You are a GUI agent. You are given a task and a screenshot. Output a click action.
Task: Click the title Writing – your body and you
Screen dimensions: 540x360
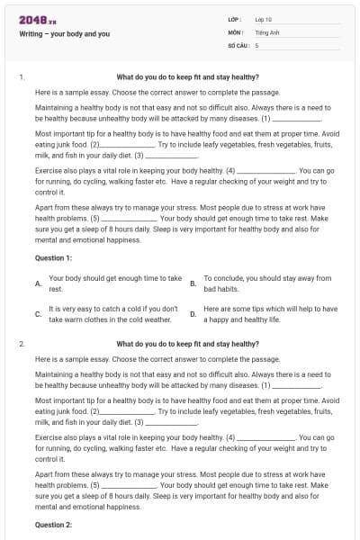point(65,33)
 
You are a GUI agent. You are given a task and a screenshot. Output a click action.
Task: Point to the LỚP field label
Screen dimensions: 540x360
point(235,19)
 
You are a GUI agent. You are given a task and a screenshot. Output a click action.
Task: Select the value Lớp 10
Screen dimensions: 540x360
point(264,19)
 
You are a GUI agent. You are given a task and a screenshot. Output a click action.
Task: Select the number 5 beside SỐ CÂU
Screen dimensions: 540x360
point(256,44)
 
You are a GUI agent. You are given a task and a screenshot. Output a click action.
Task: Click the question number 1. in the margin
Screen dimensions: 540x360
point(22,77)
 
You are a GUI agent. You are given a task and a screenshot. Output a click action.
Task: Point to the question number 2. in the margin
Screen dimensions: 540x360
point(22,344)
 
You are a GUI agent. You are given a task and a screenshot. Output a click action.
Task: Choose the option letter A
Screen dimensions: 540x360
point(38,284)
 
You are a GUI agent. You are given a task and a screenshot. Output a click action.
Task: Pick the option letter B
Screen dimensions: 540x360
point(193,284)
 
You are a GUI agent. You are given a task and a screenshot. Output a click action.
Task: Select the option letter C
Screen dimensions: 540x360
point(38,314)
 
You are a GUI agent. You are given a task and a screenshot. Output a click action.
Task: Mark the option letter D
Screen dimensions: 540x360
point(193,314)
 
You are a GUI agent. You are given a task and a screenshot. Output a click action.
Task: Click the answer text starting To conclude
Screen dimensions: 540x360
point(267,284)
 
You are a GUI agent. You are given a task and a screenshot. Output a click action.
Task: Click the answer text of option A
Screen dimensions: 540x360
point(114,284)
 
